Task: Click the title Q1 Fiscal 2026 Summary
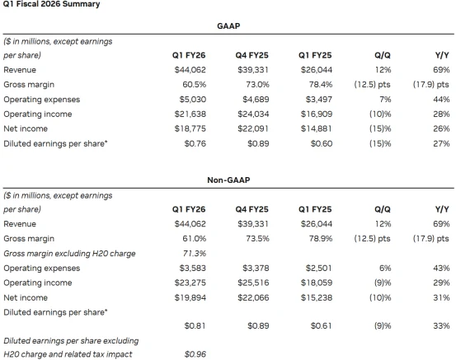click(51, 4)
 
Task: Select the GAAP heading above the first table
click(228, 26)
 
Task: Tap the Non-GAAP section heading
click(228, 180)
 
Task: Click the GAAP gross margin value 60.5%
click(195, 85)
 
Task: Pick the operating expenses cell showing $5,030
click(192, 100)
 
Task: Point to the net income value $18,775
click(190, 129)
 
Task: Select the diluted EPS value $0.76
click(195, 143)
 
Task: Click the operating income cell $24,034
click(253, 114)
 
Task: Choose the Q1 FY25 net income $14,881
click(317, 129)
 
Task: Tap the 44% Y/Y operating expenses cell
click(441, 100)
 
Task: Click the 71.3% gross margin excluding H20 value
click(195, 254)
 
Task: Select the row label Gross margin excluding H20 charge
click(69, 254)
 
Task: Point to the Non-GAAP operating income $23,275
click(190, 283)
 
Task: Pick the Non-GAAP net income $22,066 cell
click(253, 297)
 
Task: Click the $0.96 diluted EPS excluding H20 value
click(195, 354)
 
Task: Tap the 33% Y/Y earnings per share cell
click(441, 325)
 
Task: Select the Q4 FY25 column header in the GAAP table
click(252, 55)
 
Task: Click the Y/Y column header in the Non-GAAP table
click(442, 209)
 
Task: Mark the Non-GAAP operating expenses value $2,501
click(318, 268)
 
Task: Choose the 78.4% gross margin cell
click(321, 85)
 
